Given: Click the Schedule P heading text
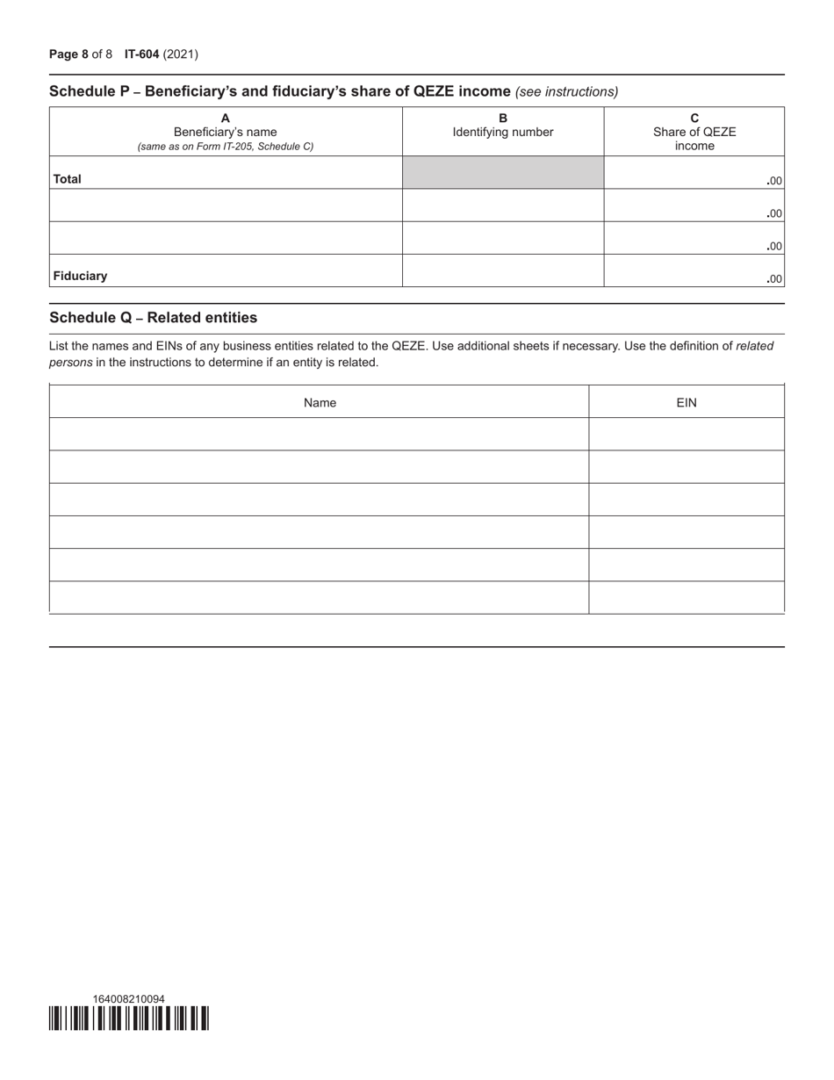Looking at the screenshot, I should coord(279,91).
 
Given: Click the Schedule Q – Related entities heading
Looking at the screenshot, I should coord(153,318).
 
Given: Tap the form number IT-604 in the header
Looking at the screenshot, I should coord(141,54).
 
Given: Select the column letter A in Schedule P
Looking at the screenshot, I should coord(226,119).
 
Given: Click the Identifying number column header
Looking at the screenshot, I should coord(503,133).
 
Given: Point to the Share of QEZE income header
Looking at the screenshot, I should coord(694,139).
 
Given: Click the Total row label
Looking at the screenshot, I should coord(68,179).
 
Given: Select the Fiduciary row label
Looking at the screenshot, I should coord(80,276).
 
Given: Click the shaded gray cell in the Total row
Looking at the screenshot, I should coord(503,173).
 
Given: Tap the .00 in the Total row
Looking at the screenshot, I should coord(773,182).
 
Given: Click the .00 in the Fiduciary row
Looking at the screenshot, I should coord(773,280).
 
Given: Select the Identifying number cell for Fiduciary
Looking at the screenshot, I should coord(503,271).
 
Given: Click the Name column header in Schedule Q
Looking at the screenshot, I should coord(320,403).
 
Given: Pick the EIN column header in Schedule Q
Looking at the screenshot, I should coord(687,403).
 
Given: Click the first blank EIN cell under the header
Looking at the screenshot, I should coord(687,435).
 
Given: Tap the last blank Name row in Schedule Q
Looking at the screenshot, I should coord(320,598).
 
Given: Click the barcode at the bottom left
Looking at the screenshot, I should coord(129,1019).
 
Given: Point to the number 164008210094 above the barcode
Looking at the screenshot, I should coord(129,999).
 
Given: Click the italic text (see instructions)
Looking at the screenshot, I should coord(567,91).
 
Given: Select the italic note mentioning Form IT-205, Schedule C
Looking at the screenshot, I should coord(226,147).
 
